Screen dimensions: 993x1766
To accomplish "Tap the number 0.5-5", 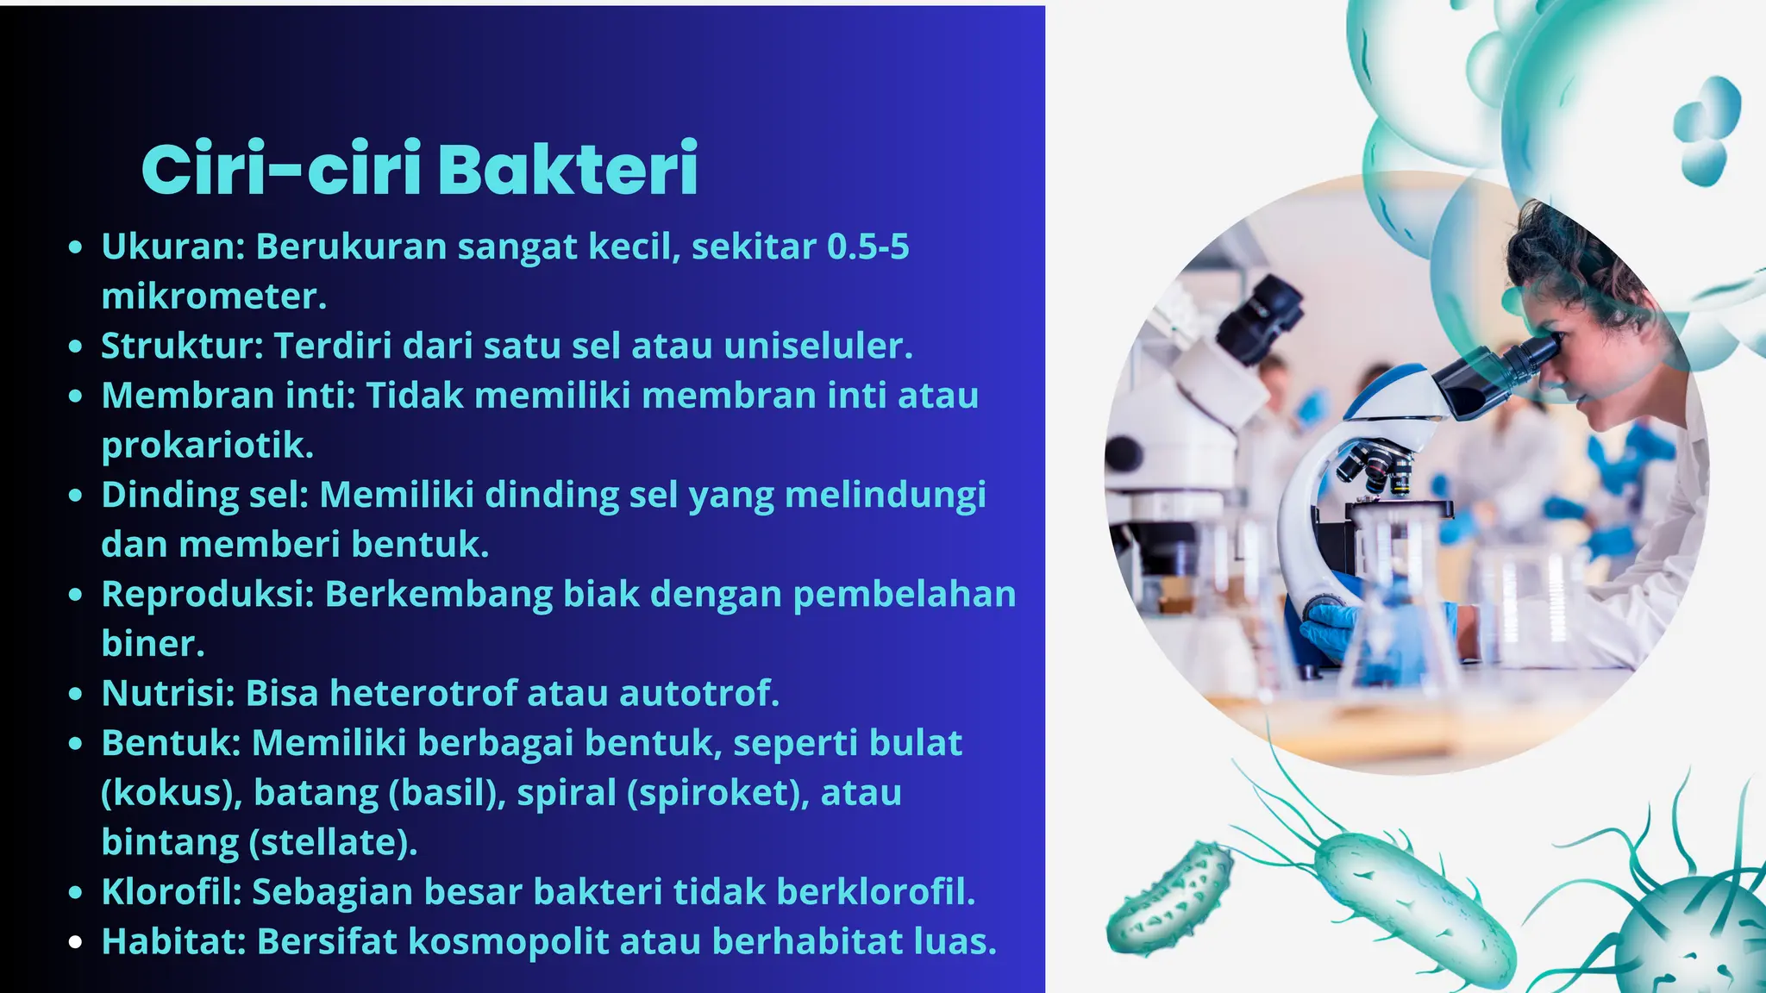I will [867, 247].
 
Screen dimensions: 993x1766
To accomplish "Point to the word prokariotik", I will [207, 446].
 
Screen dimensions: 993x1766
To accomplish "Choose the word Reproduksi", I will [208, 594].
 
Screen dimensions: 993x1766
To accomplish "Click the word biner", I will [153, 644].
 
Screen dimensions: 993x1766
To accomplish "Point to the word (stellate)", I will [333, 842].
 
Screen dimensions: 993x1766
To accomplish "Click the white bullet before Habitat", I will [76, 942].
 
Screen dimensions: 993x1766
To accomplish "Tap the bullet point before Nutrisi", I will [76, 694].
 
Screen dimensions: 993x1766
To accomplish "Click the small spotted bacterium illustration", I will [1170, 899].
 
